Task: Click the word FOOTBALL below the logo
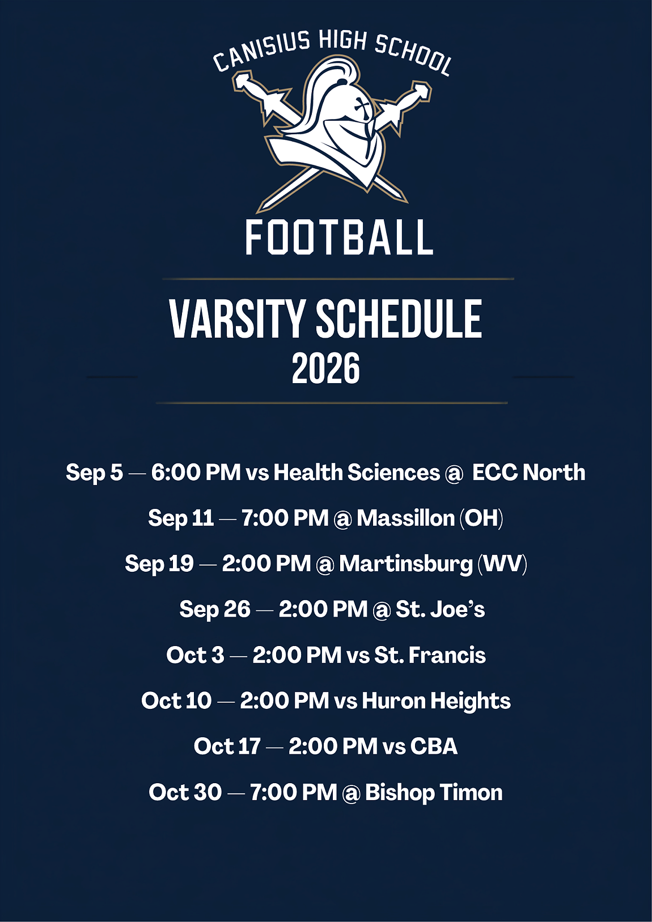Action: pyautogui.click(x=339, y=237)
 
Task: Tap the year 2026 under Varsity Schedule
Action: pyautogui.click(x=326, y=368)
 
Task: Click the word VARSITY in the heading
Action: pyautogui.click(x=237, y=320)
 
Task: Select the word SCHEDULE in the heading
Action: pyautogui.click(x=399, y=320)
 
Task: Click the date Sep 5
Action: pyautogui.click(x=94, y=473)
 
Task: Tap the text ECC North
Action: pyautogui.click(x=528, y=472)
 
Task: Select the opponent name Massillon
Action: pyautogui.click(x=405, y=518)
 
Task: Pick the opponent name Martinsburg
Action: pyautogui.click(x=406, y=564)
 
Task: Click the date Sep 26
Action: pyautogui.click(x=214, y=610)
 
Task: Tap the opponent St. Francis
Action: pyautogui.click(x=430, y=655)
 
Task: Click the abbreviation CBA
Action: pyautogui.click(x=434, y=747)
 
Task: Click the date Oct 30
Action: pyautogui.click(x=185, y=792)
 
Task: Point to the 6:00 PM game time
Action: pyautogui.click(x=196, y=472)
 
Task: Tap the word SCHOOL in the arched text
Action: pyautogui.click(x=413, y=55)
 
